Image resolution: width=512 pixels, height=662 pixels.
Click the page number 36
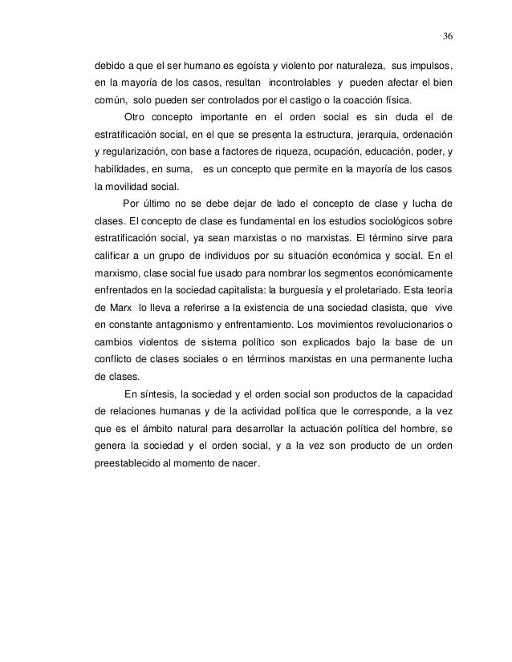tap(447, 36)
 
